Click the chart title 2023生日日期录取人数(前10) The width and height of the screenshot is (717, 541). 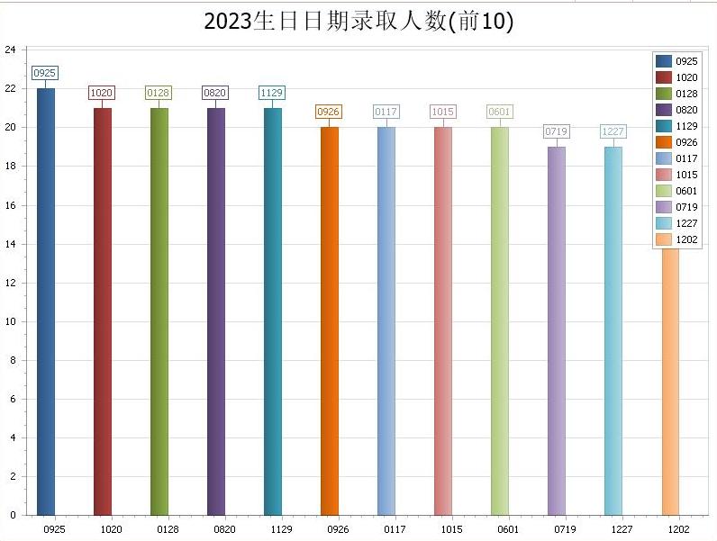(x=358, y=22)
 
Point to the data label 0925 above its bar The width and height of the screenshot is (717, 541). (x=44, y=73)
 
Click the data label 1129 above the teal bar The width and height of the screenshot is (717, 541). (x=271, y=93)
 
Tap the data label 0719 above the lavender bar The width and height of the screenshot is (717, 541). (x=556, y=131)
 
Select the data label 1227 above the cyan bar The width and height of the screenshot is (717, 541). (x=613, y=131)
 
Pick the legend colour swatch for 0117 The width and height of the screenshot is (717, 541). (x=664, y=158)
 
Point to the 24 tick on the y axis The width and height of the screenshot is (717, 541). (x=10, y=50)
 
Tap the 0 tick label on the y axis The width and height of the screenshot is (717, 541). (x=13, y=516)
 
